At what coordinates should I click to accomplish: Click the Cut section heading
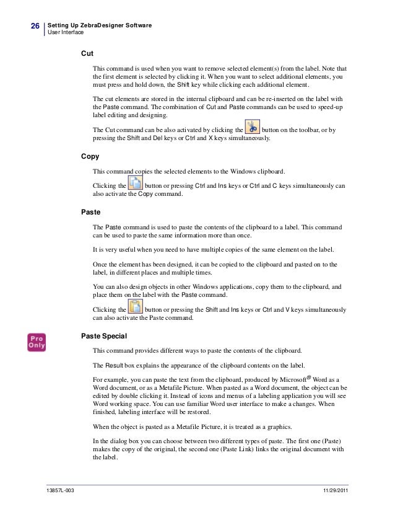pyautogui.click(x=88, y=53)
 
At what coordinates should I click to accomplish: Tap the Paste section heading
pyautogui.click(x=92, y=213)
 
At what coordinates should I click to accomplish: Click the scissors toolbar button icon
pyautogui.click(x=252, y=127)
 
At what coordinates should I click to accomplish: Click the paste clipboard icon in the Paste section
pyautogui.click(x=134, y=307)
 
